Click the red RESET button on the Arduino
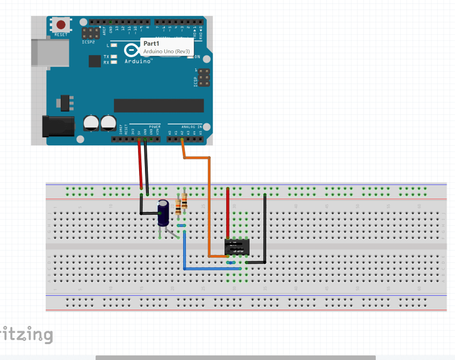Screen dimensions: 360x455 pos(61,25)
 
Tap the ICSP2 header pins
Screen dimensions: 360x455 pos(91,33)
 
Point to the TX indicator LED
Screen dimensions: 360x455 pos(114,57)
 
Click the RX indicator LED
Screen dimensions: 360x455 pos(114,63)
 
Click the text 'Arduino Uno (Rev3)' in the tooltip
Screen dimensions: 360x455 pos(166,52)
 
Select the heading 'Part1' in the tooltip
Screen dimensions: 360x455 pos(151,44)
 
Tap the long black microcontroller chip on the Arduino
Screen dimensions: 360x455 pos(159,106)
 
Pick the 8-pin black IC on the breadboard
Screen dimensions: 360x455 pos(237,247)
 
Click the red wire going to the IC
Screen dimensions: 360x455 pos(228,213)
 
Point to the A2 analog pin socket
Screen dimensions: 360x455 pos(182,140)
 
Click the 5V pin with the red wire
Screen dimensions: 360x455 pos(139,140)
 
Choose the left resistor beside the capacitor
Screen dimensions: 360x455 pos(179,206)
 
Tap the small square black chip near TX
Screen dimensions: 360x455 pos(95,61)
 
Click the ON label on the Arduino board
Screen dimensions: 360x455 pos(197,57)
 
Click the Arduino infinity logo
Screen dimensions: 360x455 pos(132,50)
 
